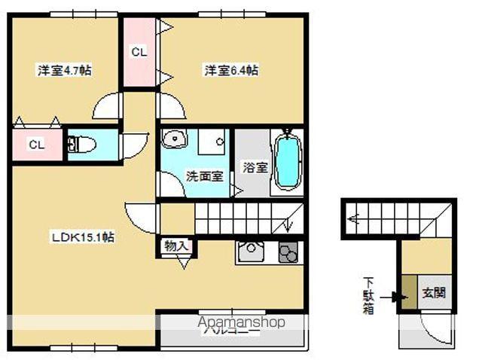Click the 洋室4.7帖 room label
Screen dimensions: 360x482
65,70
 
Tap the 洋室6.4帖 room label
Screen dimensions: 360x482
231,70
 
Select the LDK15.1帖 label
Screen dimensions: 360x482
83,236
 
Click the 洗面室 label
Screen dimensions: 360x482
203,175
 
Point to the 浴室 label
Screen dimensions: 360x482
255,167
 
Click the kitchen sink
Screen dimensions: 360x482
249,252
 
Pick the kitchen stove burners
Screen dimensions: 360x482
288,252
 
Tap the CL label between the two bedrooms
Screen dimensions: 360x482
139,52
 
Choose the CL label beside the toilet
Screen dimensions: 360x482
35,144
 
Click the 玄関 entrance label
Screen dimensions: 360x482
433,291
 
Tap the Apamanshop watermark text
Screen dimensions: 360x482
241,322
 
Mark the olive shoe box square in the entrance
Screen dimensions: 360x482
407,291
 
